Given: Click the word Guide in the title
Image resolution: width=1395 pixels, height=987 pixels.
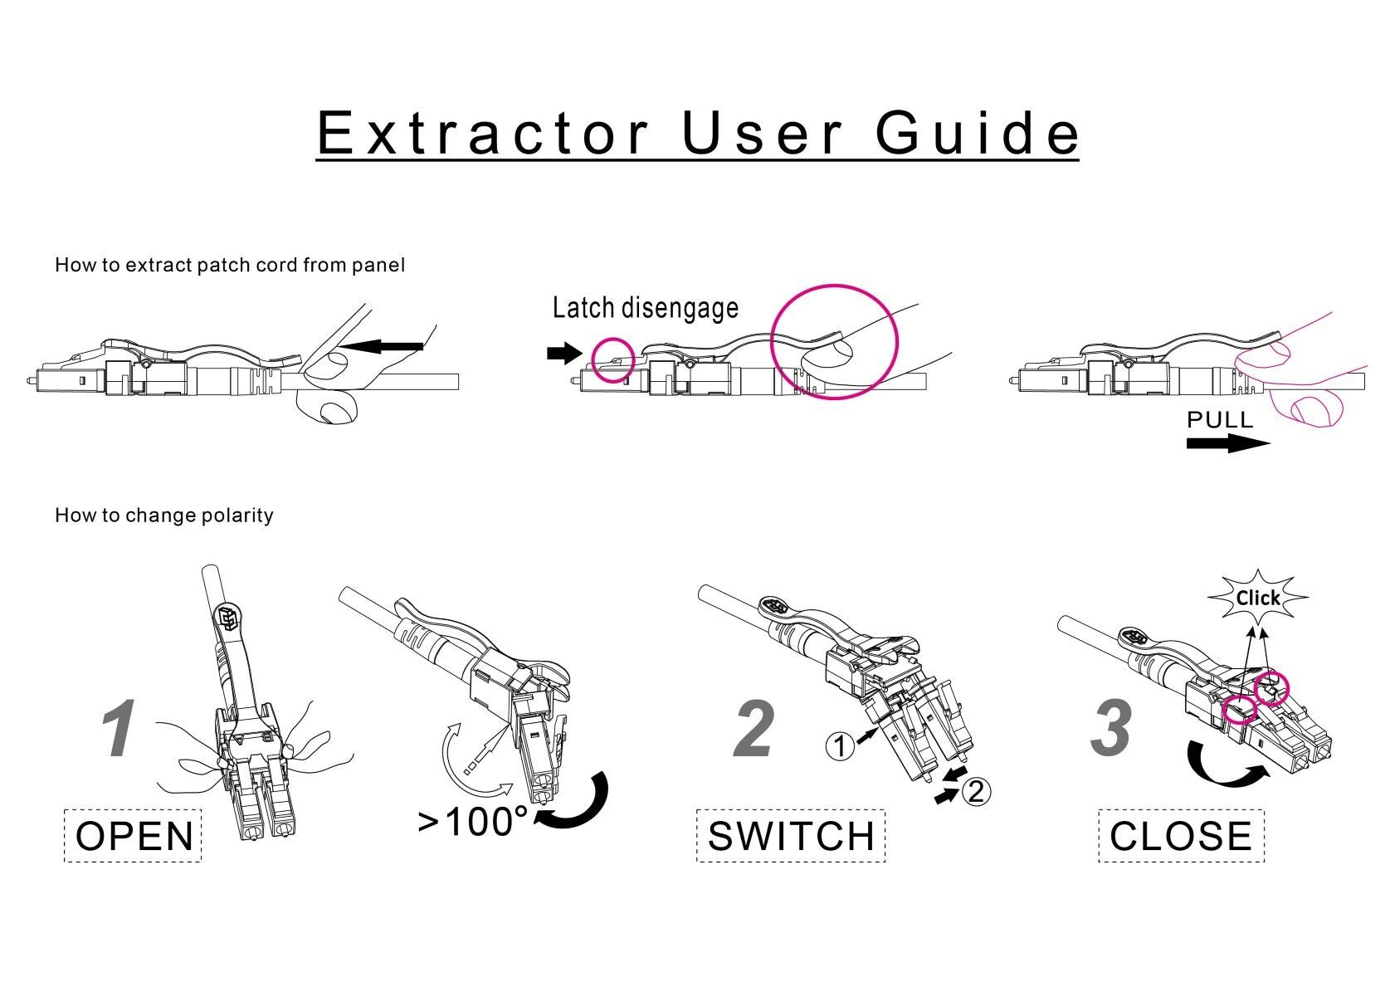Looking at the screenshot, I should tap(977, 133).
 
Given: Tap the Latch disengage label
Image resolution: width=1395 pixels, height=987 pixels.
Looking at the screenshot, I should tap(645, 308).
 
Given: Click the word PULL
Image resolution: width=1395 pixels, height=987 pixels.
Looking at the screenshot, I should tap(1219, 420).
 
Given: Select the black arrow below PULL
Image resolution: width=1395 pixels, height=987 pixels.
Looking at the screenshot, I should tap(1227, 443).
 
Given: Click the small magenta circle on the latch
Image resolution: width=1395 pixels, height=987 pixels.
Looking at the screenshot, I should tap(614, 359).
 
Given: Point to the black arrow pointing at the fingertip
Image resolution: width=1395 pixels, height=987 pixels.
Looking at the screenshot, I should tap(388, 345).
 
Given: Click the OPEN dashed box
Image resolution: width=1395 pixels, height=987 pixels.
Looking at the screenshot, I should tap(133, 835).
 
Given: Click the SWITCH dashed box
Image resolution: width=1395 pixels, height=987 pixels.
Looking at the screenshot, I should tap(791, 835).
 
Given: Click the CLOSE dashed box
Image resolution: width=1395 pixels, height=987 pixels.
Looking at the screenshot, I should tap(1181, 835).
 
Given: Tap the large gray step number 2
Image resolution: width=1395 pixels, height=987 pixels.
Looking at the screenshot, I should tap(754, 729).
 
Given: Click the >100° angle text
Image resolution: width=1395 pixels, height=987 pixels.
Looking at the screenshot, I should tap(471, 822).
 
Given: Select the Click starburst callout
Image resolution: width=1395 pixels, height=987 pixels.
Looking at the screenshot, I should tap(1257, 598).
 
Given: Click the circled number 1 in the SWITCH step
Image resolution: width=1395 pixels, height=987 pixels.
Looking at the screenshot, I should tap(840, 746).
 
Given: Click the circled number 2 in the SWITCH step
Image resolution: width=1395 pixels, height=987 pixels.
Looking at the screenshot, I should tap(976, 791).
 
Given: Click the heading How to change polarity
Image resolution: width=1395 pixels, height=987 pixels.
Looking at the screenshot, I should tap(163, 515).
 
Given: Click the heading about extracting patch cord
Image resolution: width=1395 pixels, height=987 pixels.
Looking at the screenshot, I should tap(230, 266).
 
